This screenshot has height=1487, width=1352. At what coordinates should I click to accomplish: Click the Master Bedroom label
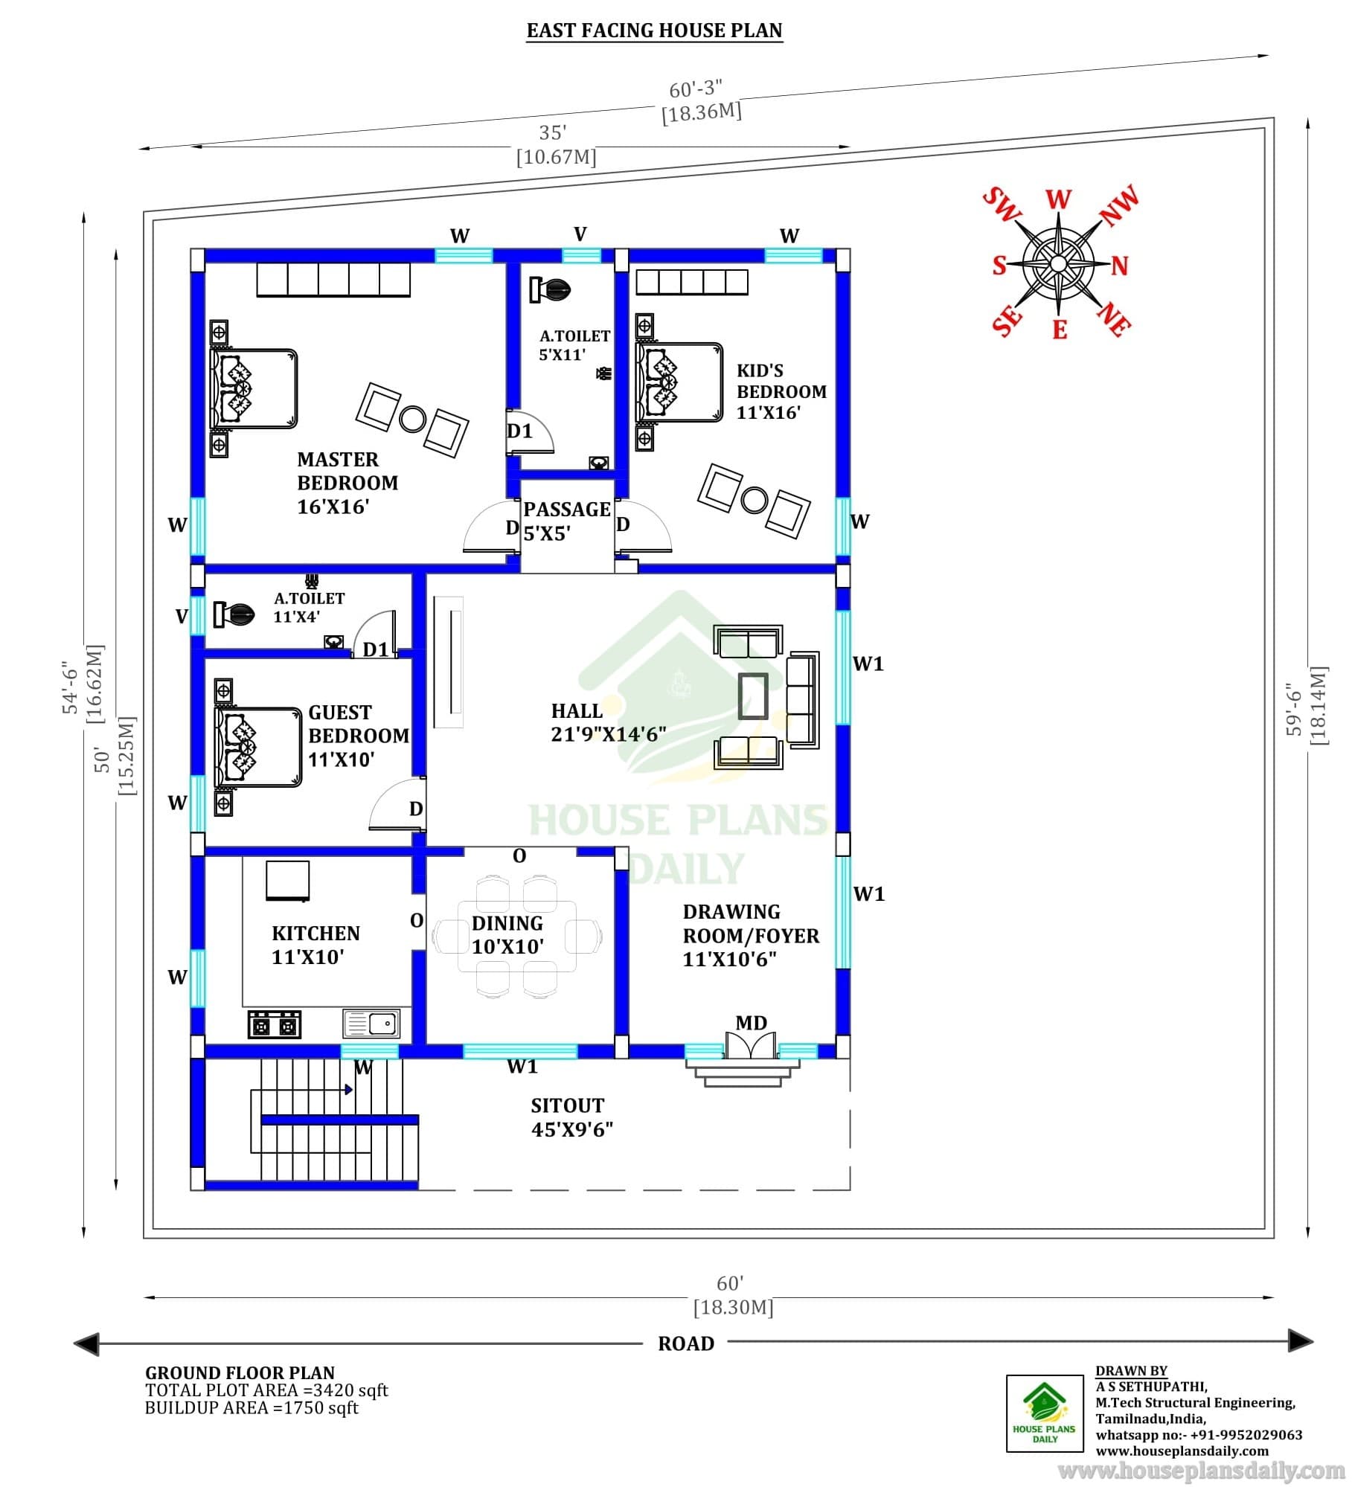click(x=347, y=483)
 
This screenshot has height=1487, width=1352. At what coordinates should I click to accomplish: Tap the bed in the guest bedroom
click(x=257, y=746)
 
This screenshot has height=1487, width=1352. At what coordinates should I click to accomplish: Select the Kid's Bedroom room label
click(x=781, y=391)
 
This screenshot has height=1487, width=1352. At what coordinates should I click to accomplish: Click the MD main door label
click(x=751, y=1023)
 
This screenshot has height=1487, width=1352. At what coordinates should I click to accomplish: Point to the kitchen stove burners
click(x=275, y=1025)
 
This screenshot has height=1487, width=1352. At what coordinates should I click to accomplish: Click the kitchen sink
click(x=371, y=1024)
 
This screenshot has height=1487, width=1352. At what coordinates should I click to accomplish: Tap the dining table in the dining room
click(x=517, y=936)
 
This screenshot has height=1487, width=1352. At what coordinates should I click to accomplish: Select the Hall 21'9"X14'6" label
click(x=609, y=722)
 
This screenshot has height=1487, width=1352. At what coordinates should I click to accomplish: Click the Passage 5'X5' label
click(x=567, y=521)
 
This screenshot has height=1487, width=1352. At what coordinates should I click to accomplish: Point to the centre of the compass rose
click(x=1058, y=263)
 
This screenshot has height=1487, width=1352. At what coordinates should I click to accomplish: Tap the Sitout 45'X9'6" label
click(x=571, y=1117)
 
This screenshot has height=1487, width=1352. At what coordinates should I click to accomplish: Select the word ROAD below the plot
click(x=686, y=1343)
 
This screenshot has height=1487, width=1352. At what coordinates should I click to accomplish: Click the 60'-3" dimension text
click(x=696, y=89)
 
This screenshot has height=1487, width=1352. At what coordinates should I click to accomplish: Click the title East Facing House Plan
click(x=655, y=30)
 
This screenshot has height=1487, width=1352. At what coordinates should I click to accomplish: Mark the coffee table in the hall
click(x=753, y=696)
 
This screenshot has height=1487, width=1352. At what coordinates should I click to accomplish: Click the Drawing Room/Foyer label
click(x=751, y=935)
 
